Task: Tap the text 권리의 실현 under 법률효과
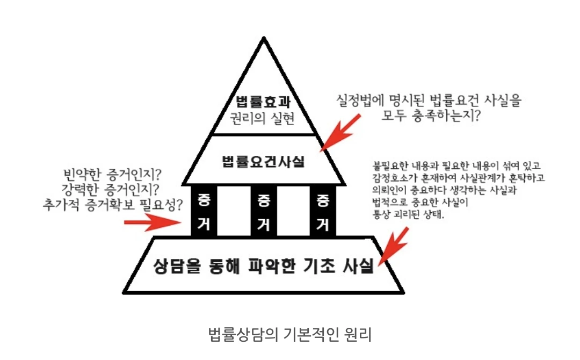click(264, 118)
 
